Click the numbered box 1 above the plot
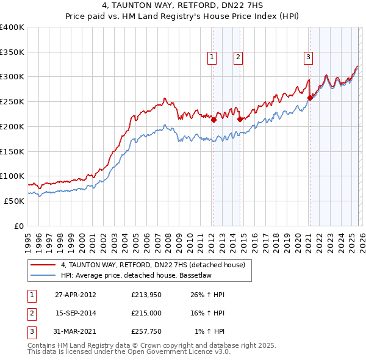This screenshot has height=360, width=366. tap(212, 58)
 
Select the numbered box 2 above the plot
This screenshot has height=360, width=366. tap(238, 58)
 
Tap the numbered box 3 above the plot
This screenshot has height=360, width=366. tap(309, 58)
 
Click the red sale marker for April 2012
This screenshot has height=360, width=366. tap(214, 120)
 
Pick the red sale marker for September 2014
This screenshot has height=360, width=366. tap(240, 120)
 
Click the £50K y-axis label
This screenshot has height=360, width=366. tap(14, 201)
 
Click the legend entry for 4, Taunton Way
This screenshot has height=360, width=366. tap(152, 265)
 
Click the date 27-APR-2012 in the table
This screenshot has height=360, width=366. tap(75, 295)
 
